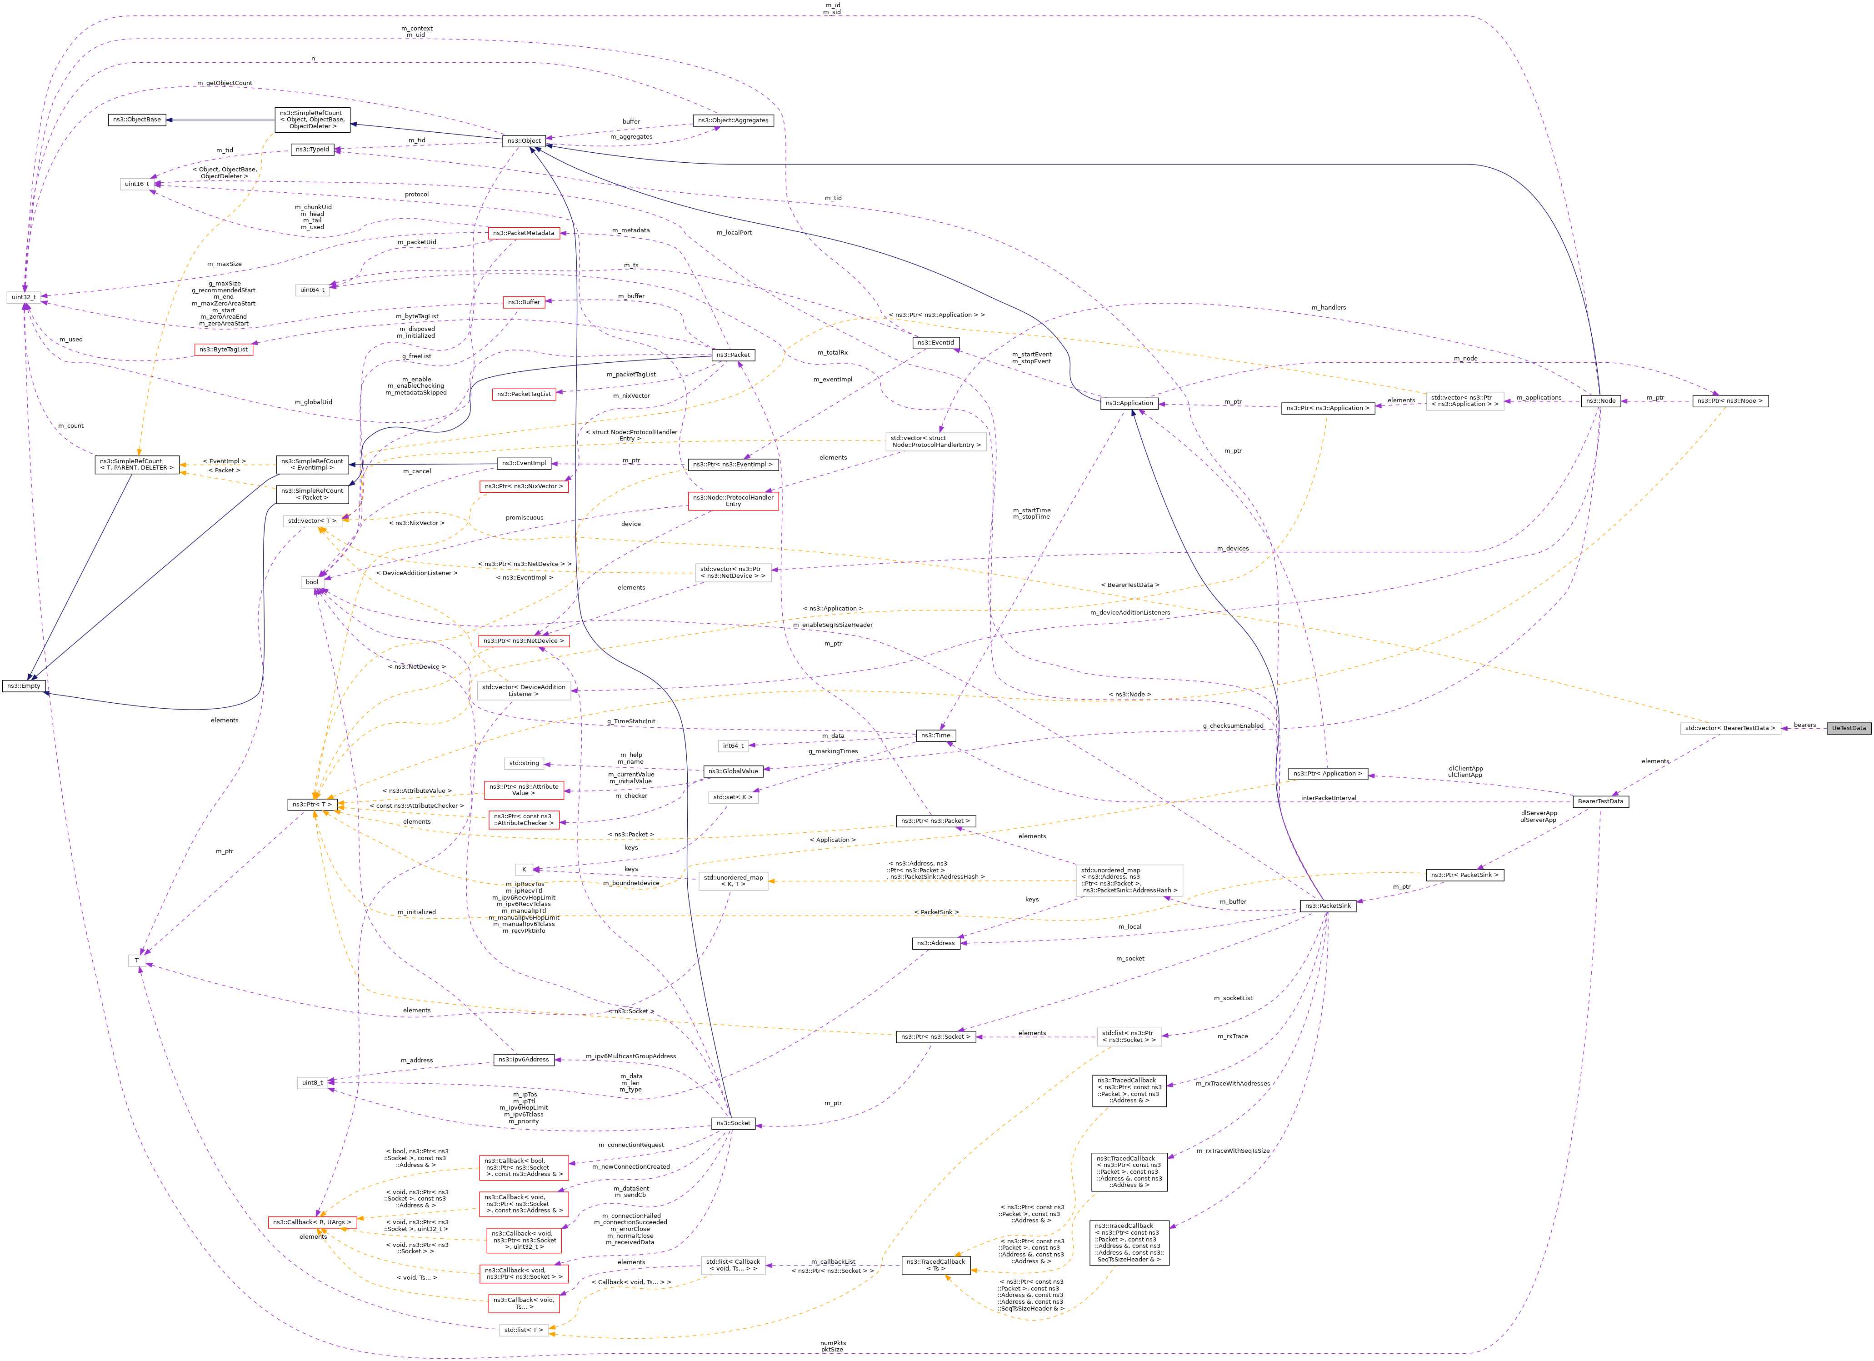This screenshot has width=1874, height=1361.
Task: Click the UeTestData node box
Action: (x=1849, y=728)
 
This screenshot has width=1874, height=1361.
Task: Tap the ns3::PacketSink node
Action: (x=1327, y=906)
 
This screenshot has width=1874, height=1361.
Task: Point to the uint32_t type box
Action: (x=23, y=297)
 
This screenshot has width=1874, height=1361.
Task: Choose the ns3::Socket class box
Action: (x=733, y=1123)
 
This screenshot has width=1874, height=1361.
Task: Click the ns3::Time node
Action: (x=935, y=736)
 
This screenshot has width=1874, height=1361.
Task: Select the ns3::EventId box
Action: (x=935, y=342)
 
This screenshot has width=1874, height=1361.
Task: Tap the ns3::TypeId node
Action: (x=312, y=150)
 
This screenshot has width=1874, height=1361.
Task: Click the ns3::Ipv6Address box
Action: (x=524, y=1059)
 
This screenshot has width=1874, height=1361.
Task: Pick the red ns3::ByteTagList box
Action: (x=223, y=350)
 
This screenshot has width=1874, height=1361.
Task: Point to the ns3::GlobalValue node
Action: (x=732, y=771)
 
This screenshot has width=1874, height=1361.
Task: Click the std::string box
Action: (x=524, y=764)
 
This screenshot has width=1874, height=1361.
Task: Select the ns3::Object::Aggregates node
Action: (x=732, y=120)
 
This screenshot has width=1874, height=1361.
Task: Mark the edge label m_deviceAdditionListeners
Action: (x=1129, y=612)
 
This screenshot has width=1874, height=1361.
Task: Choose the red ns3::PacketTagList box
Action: (x=524, y=394)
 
